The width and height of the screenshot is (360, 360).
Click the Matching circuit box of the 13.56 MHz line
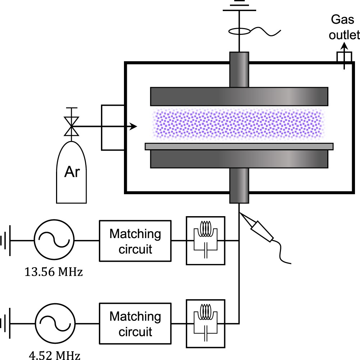point(135,240)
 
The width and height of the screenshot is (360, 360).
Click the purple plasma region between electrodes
point(239,124)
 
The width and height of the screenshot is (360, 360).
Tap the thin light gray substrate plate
point(239,146)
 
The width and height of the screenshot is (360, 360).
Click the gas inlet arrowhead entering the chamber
point(134,126)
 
